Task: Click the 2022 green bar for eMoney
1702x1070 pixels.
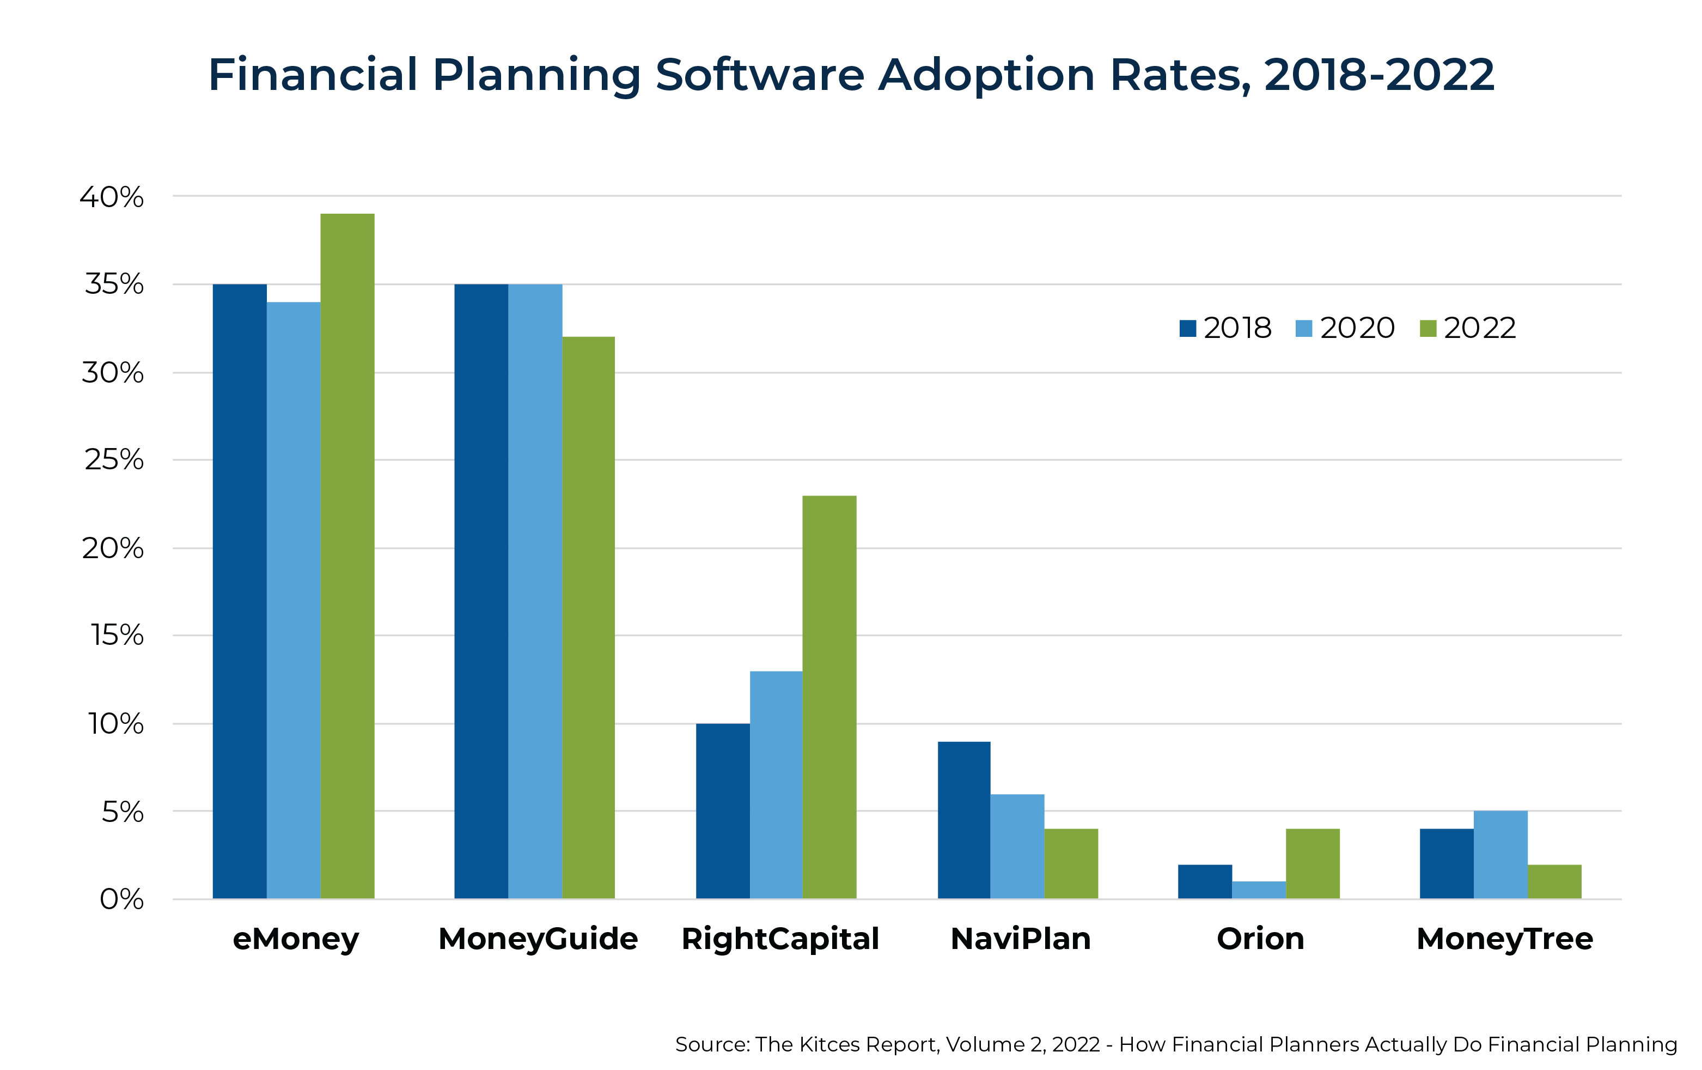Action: click(347, 556)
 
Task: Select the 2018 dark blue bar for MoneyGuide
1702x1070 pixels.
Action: click(481, 591)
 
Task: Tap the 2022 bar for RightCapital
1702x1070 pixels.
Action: click(829, 697)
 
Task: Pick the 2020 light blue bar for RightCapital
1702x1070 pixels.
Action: click(776, 785)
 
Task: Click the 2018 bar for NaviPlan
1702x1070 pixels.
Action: click(964, 820)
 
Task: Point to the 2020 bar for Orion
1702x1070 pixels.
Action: click(1259, 890)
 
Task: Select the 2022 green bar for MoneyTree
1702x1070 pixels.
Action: click(1554, 882)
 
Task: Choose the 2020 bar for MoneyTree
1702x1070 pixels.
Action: click(1500, 855)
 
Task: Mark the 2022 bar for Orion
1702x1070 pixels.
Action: click(1313, 863)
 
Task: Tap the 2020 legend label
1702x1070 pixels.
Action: click(1357, 328)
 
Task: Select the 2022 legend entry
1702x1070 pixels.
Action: click(1468, 328)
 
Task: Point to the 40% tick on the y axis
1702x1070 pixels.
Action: click(112, 197)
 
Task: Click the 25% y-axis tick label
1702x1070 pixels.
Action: click(114, 461)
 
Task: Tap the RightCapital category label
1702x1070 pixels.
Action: click(780, 939)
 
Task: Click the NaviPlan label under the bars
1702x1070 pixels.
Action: click(1021, 939)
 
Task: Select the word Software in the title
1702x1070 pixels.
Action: click(760, 75)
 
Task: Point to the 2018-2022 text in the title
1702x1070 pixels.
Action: click(1379, 75)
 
